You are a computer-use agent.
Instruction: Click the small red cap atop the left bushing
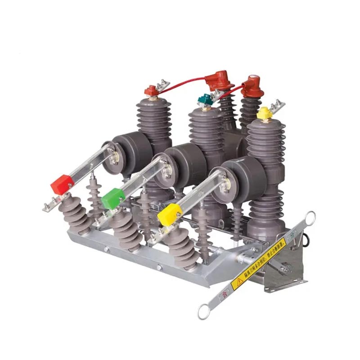click(150, 91)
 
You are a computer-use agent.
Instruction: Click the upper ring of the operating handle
click(309, 217)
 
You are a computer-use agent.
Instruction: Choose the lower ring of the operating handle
click(204, 310)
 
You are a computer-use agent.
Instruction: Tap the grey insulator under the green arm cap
click(129, 232)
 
